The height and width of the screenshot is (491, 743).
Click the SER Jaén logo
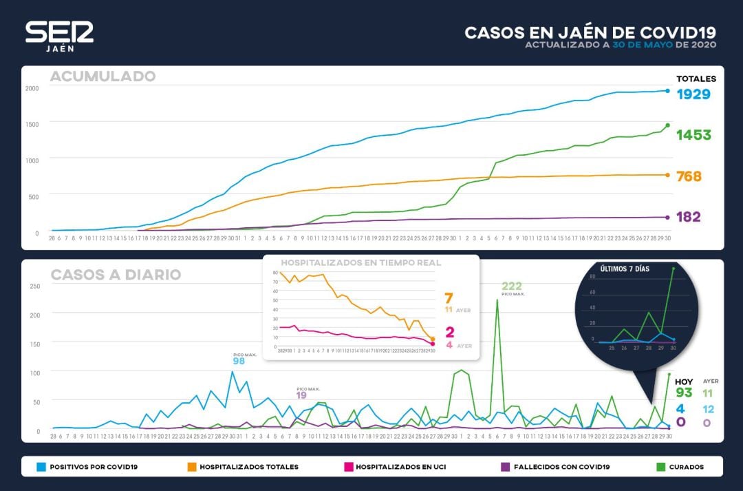59,36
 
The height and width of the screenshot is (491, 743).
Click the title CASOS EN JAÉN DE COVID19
590,32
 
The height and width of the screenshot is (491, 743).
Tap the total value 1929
693,94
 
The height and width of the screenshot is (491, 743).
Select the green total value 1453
693,135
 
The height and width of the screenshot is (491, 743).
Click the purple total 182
688,217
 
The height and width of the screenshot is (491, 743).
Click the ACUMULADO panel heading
103,76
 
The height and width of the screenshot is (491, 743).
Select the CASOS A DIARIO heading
116,275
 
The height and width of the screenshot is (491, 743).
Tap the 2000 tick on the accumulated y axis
32,88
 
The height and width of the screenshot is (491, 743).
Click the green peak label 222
513,286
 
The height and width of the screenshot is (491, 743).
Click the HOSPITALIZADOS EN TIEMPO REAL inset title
360,262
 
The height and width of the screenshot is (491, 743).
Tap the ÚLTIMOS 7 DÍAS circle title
624,268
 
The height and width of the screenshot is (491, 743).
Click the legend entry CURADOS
685,467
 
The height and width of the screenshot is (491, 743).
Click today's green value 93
683,393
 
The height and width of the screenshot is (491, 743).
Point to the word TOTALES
696,79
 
